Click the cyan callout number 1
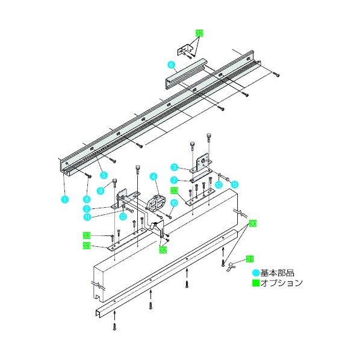tap(64, 197)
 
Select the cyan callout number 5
tap(104, 175)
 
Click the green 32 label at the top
tap(199, 35)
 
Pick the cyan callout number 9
tap(102, 191)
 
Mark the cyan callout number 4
tap(154, 176)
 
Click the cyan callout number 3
tap(173, 167)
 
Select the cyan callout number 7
tap(173, 179)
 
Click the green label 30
tap(252, 223)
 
